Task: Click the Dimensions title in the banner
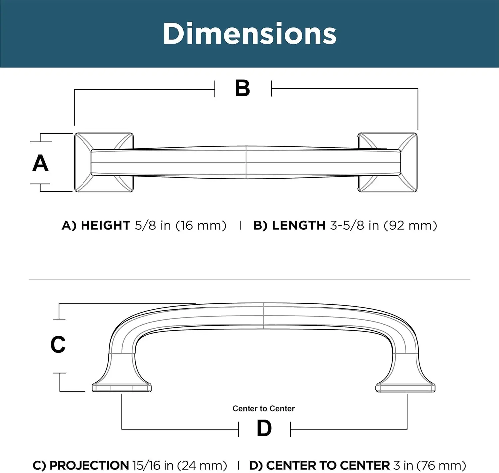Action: [249, 34]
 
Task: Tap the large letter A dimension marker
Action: [40, 163]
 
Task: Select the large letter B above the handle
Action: [242, 89]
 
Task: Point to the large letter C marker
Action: [58, 344]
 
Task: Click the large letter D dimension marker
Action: [264, 428]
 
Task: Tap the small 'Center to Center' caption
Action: [263, 408]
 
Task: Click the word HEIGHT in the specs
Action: [105, 226]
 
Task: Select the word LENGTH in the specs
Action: [298, 226]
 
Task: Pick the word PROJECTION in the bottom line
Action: [89, 465]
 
